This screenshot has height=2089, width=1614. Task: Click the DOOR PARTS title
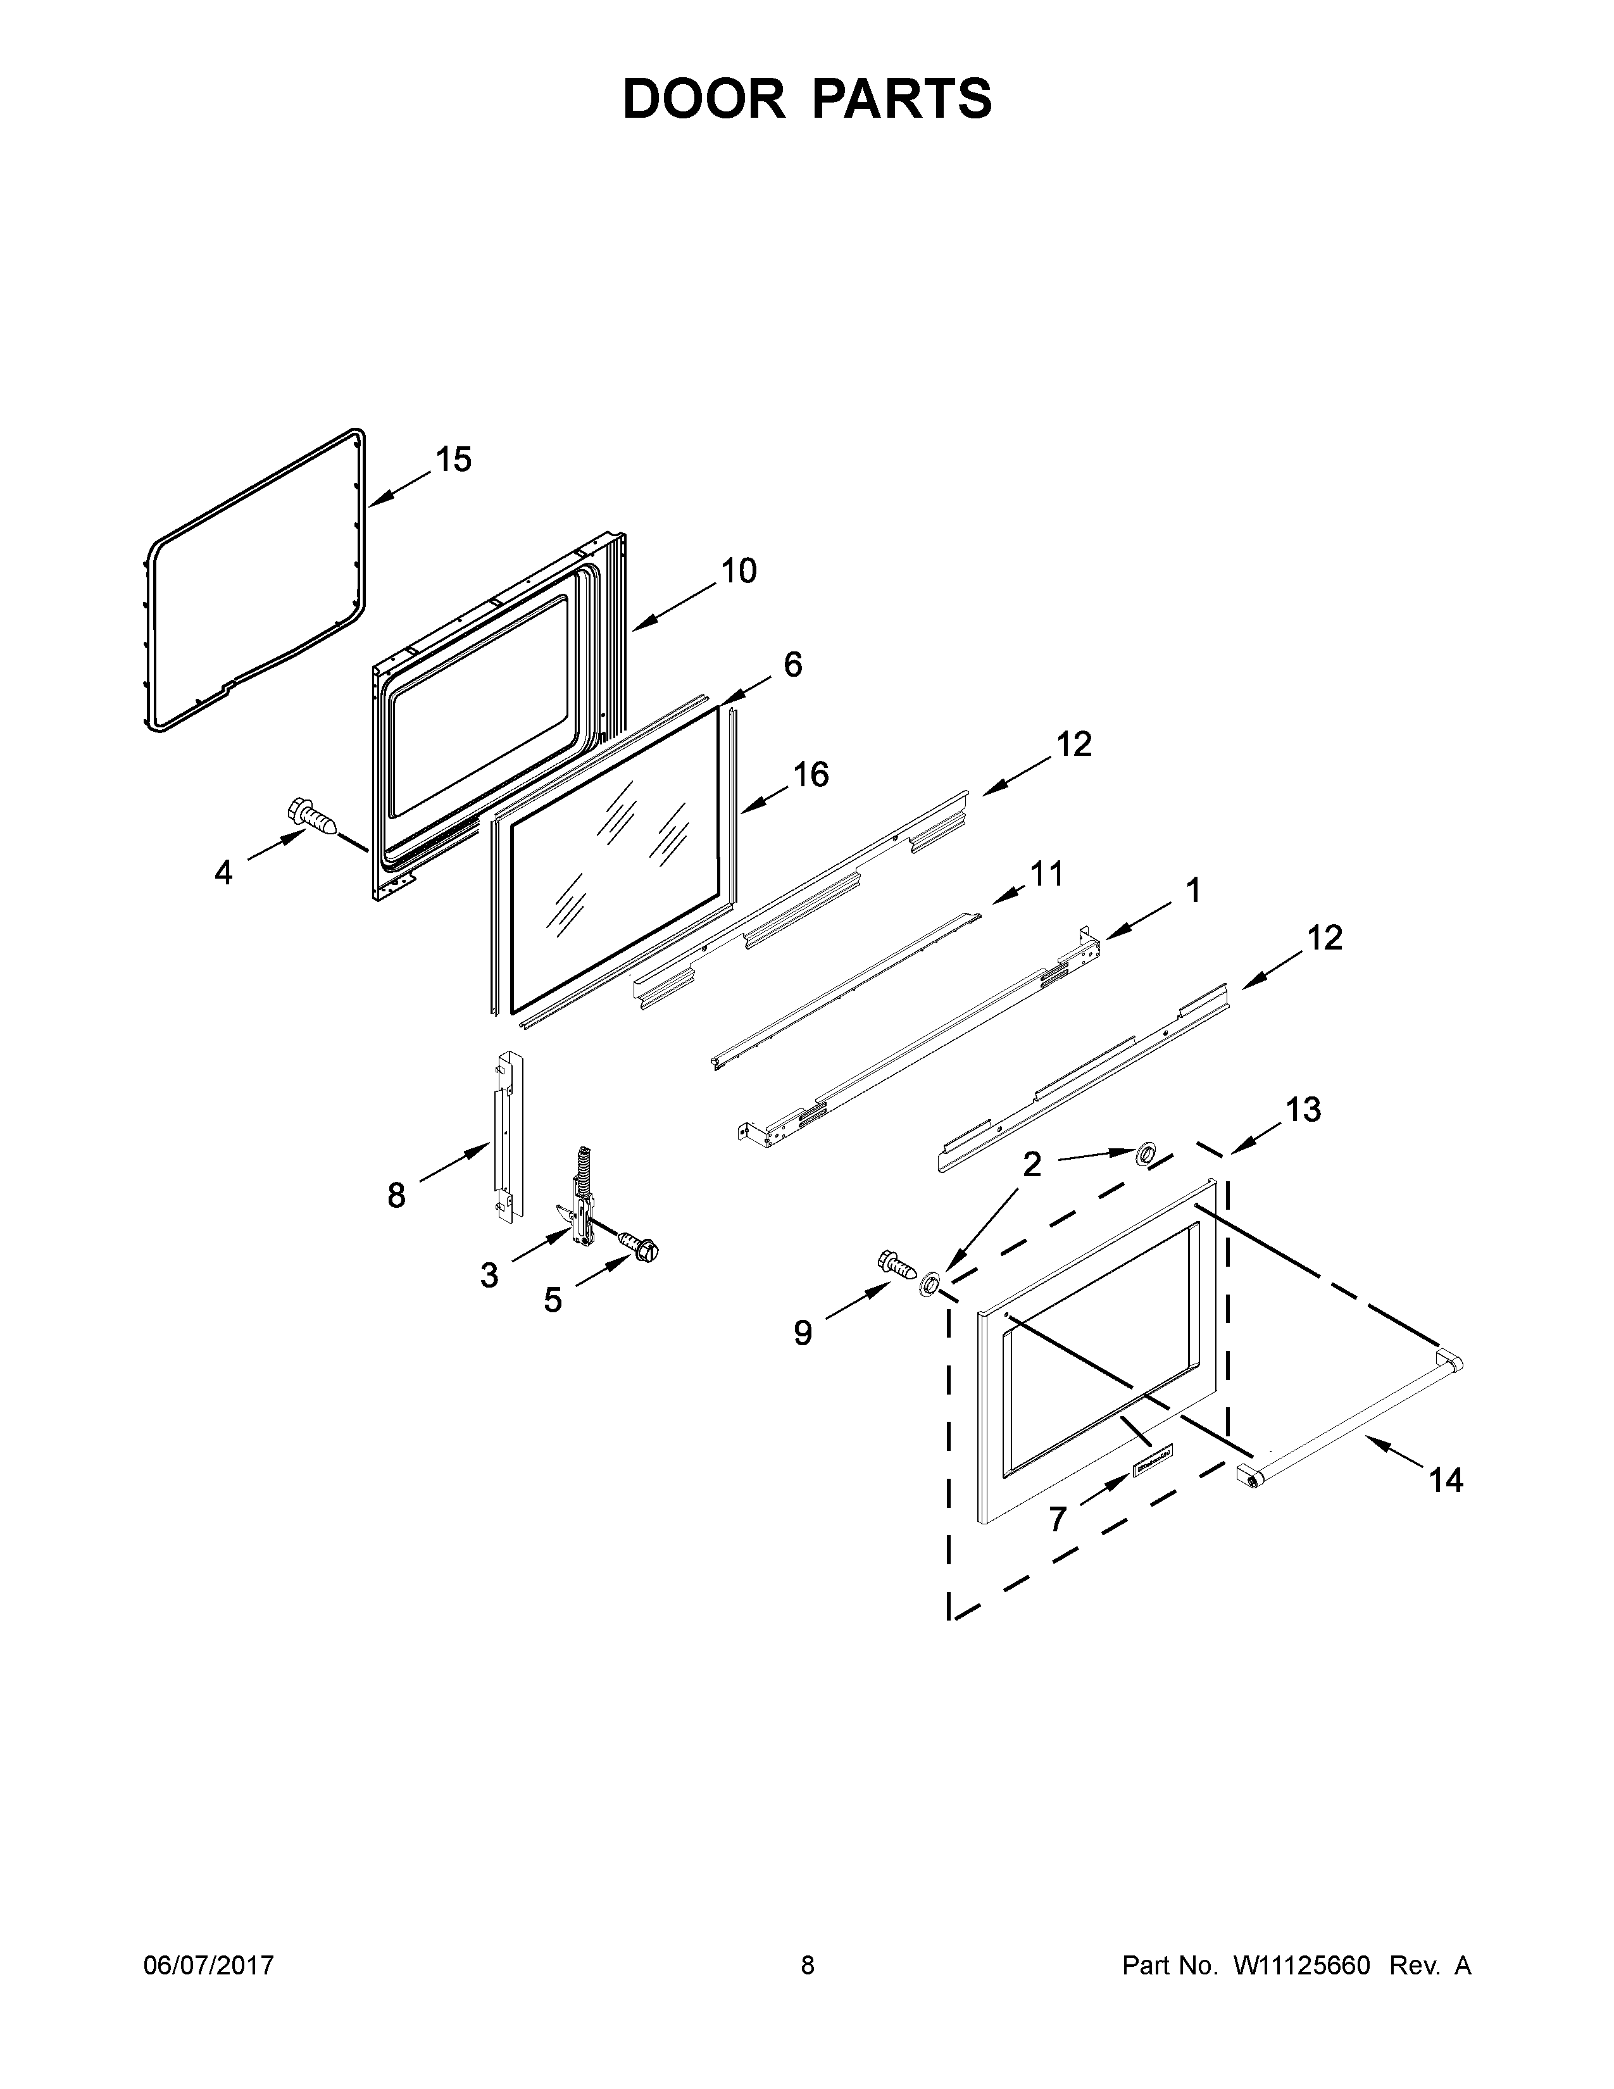807,99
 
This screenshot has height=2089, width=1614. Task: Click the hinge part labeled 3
579,1206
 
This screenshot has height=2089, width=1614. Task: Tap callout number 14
1446,1480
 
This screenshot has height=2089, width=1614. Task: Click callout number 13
1303,1110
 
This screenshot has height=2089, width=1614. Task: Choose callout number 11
1046,874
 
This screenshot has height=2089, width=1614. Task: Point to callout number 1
1192,891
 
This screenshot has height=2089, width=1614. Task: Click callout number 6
792,665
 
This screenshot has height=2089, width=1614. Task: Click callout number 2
1032,1164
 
